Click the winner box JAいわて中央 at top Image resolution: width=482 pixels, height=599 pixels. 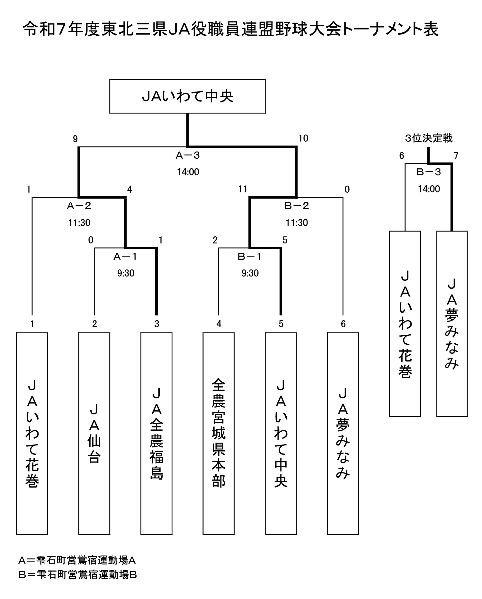pyautogui.click(x=187, y=96)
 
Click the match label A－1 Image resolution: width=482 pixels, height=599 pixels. pyautogui.click(x=125, y=257)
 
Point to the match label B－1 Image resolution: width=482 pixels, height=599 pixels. pyautogui.click(x=250, y=257)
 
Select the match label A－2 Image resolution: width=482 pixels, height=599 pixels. pyautogui.click(x=79, y=206)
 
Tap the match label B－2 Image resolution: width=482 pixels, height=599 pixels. pyautogui.click(x=297, y=206)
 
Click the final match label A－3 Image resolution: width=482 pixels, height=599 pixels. pyautogui.click(x=188, y=155)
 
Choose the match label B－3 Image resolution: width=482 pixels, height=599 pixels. pyautogui.click(x=429, y=172)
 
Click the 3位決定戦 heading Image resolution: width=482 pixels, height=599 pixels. pyautogui.click(x=429, y=138)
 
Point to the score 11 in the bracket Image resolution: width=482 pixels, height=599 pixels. pyautogui.click(x=243, y=189)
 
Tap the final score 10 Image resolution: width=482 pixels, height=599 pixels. pyautogui.click(x=303, y=138)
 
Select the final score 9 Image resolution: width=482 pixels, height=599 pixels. pyautogui.click(x=75, y=139)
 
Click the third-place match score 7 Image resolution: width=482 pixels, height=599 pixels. pyautogui.click(x=456, y=156)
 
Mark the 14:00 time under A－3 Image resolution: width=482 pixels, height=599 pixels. pyautogui.click(x=188, y=172)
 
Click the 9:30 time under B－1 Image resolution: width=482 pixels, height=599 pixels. pyautogui.click(x=250, y=273)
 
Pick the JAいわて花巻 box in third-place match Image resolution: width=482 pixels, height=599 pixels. pyautogui.click(x=405, y=324)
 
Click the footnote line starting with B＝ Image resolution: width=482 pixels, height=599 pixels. pyautogui.click(x=78, y=575)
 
